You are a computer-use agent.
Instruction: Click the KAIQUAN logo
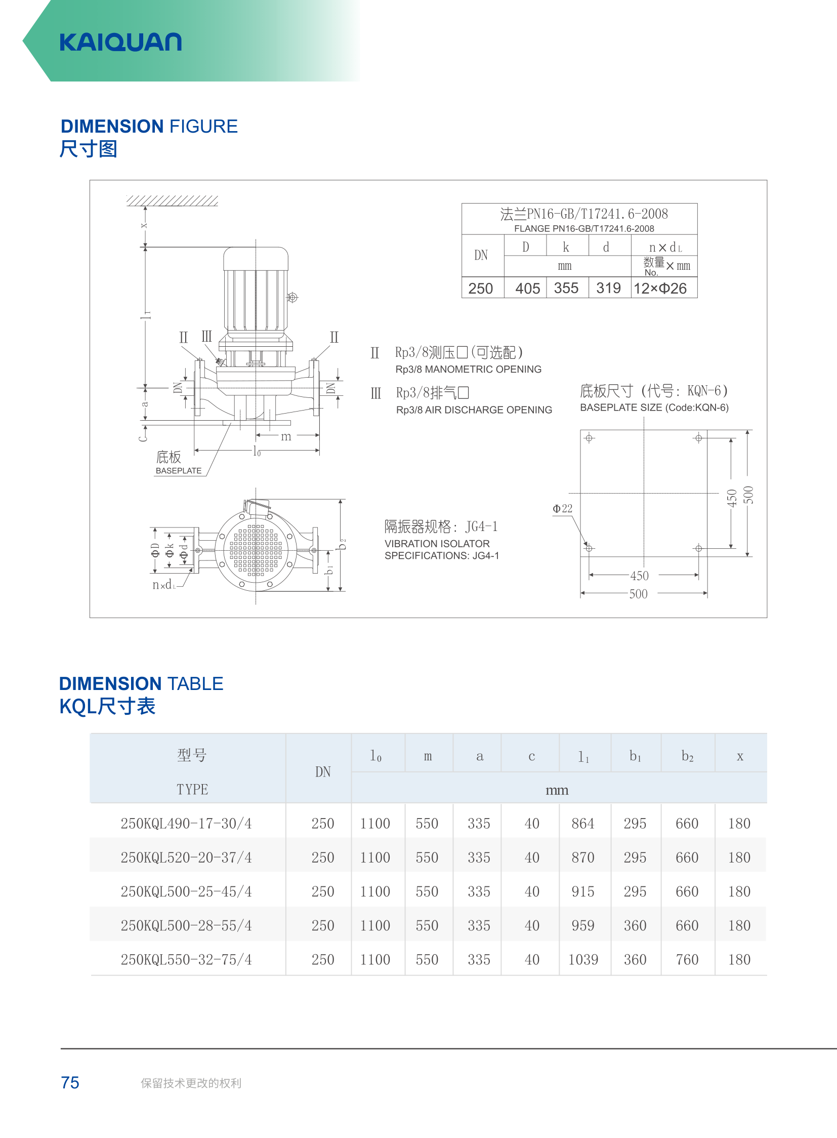120,42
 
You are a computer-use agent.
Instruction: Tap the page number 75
70,1083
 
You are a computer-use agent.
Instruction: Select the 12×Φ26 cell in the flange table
660,289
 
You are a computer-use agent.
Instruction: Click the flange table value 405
527,289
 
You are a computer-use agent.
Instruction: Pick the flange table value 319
608,288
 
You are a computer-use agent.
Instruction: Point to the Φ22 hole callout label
562,508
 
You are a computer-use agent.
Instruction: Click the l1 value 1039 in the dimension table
583,960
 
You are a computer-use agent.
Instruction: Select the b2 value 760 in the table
687,960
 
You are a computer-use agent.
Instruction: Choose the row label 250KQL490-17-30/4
186,824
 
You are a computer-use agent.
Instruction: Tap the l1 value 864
583,824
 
